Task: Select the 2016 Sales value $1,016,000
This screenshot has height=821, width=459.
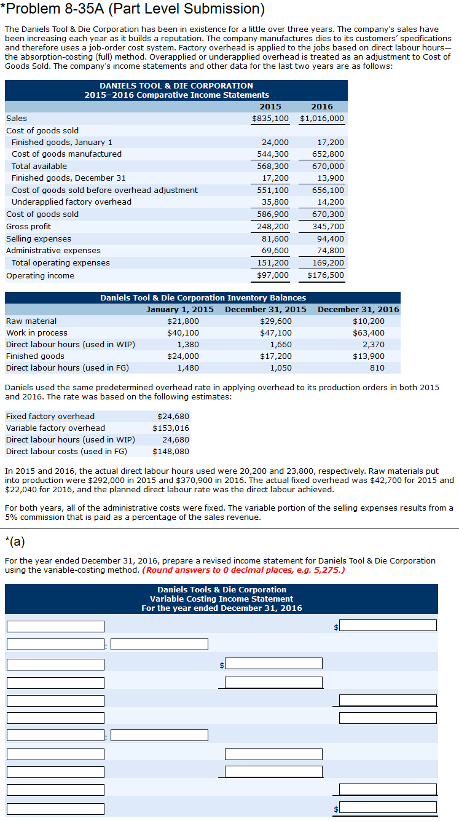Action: pos(322,118)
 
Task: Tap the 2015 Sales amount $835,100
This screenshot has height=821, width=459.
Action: pos(270,118)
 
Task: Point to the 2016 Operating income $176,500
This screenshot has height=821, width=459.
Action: pos(326,275)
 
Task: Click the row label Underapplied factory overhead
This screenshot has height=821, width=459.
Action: pos(71,202)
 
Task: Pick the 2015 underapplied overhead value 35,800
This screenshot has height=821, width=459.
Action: pos(275,202)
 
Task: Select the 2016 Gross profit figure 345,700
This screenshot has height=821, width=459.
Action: pos(328,226)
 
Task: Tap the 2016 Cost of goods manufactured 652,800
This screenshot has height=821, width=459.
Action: pos(328,154)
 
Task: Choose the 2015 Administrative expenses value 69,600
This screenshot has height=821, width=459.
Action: pos(275,250)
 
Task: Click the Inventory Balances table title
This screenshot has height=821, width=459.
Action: pos(203,297)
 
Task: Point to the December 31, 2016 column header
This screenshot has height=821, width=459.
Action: pos(358,309)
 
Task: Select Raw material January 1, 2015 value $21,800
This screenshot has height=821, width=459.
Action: pos(183,321)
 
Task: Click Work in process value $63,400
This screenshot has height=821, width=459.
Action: pos(369,332)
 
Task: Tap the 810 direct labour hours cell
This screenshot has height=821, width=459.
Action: pos(377,367)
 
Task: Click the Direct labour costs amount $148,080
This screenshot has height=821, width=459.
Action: pos(171,451)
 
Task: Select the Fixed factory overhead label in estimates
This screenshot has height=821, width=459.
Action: pos(50,416)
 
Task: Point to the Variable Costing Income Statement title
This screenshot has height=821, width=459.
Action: pos(222,599)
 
